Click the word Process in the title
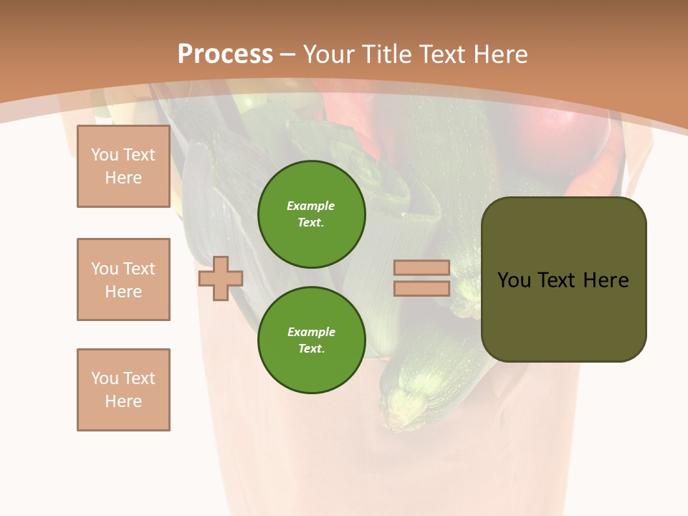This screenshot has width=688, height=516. coord(225,54)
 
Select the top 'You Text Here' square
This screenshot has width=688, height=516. coord(123,166)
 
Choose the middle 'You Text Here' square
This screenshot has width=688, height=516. coord(123,279)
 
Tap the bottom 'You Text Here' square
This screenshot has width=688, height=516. coord(123,390)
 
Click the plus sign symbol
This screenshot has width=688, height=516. coord(221,279)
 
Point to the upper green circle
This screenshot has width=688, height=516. coord(311,214)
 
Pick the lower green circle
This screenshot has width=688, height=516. coord(311,340)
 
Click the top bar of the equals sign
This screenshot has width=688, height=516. coord(421,268)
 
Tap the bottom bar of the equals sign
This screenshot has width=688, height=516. coord(421,288)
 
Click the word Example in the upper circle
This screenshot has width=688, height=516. coord(311,206)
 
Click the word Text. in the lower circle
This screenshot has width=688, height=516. coord(311,349)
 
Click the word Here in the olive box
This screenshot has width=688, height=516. coord(606,280)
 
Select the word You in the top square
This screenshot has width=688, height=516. coord(105,155)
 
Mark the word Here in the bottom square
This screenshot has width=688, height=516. coord(123,401)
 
